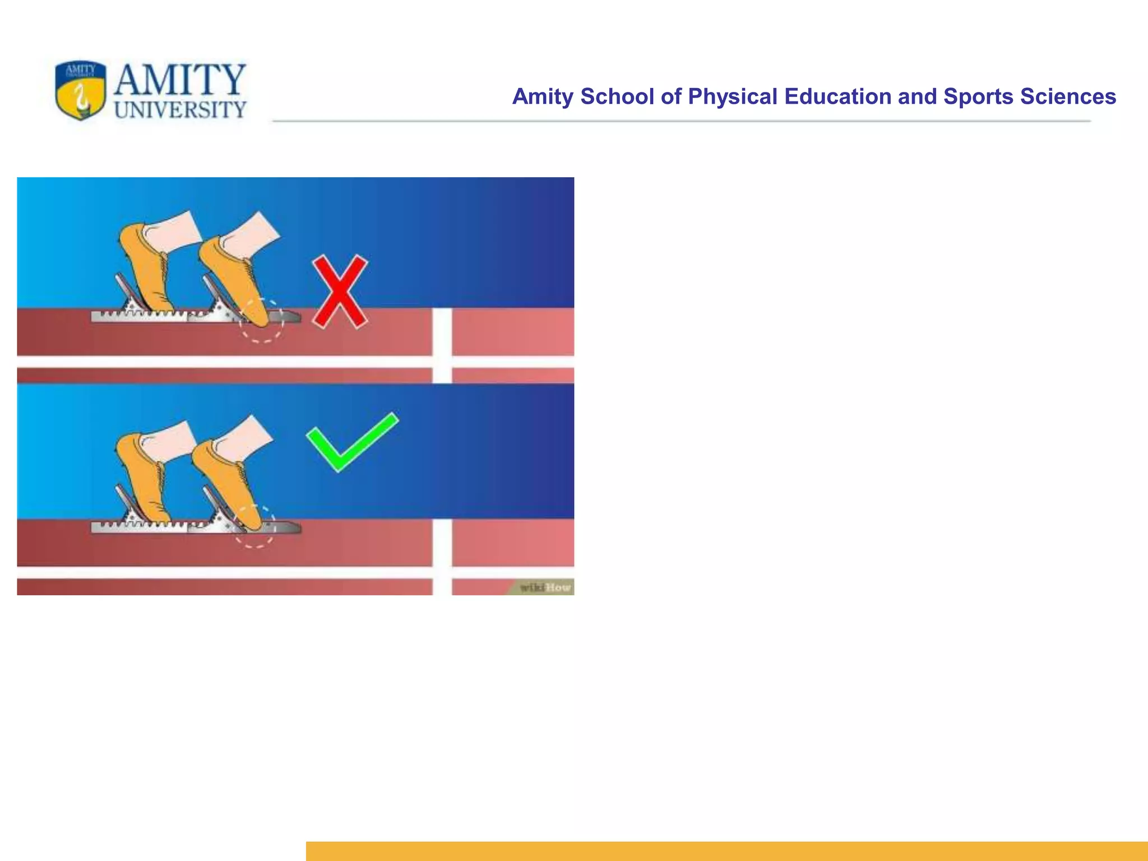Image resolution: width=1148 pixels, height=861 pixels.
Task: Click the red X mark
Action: (340, 291)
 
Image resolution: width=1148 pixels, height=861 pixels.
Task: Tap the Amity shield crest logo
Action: (81, 90)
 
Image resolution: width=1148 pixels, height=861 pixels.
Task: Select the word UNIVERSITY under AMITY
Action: (180, 109)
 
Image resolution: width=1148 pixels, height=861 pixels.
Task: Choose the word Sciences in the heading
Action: (1068, 96)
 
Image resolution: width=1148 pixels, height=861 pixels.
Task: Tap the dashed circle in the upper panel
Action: (262, 320)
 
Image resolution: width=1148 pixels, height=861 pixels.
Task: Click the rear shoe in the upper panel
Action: (144, 263)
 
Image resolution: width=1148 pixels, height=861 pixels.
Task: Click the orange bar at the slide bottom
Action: (726, 850)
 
